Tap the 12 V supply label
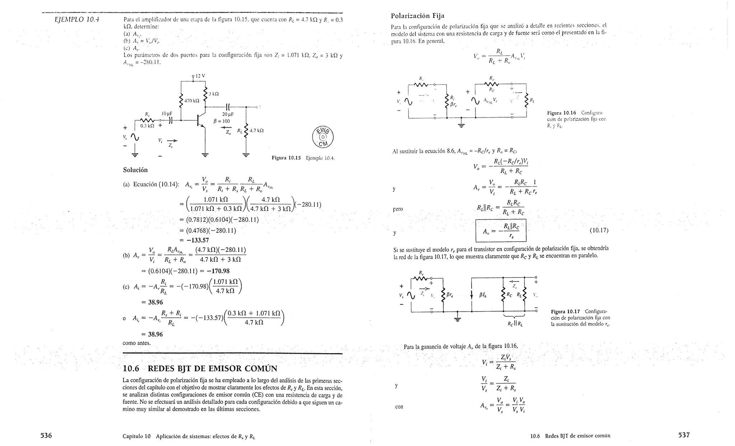(x=200, y=76)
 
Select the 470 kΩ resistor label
(x=191, y=101)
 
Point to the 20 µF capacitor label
(x=228, y=114)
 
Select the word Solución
(x=135, y=170)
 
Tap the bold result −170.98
(x=218, y=271)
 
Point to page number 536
(x=46, y=435)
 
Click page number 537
(x=684, y=435)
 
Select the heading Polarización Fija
(x=417, y=16)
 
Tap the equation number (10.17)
(x=599, y=231)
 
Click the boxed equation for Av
(x=501, y=231)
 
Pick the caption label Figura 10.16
(x=561, y=113)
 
